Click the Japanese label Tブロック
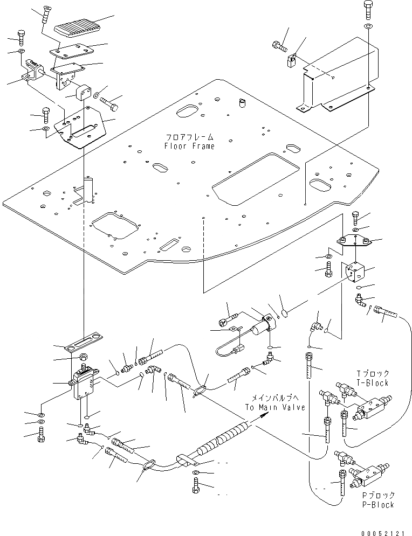click(x=373, y=373)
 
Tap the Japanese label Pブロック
click(x=378, y=496)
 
